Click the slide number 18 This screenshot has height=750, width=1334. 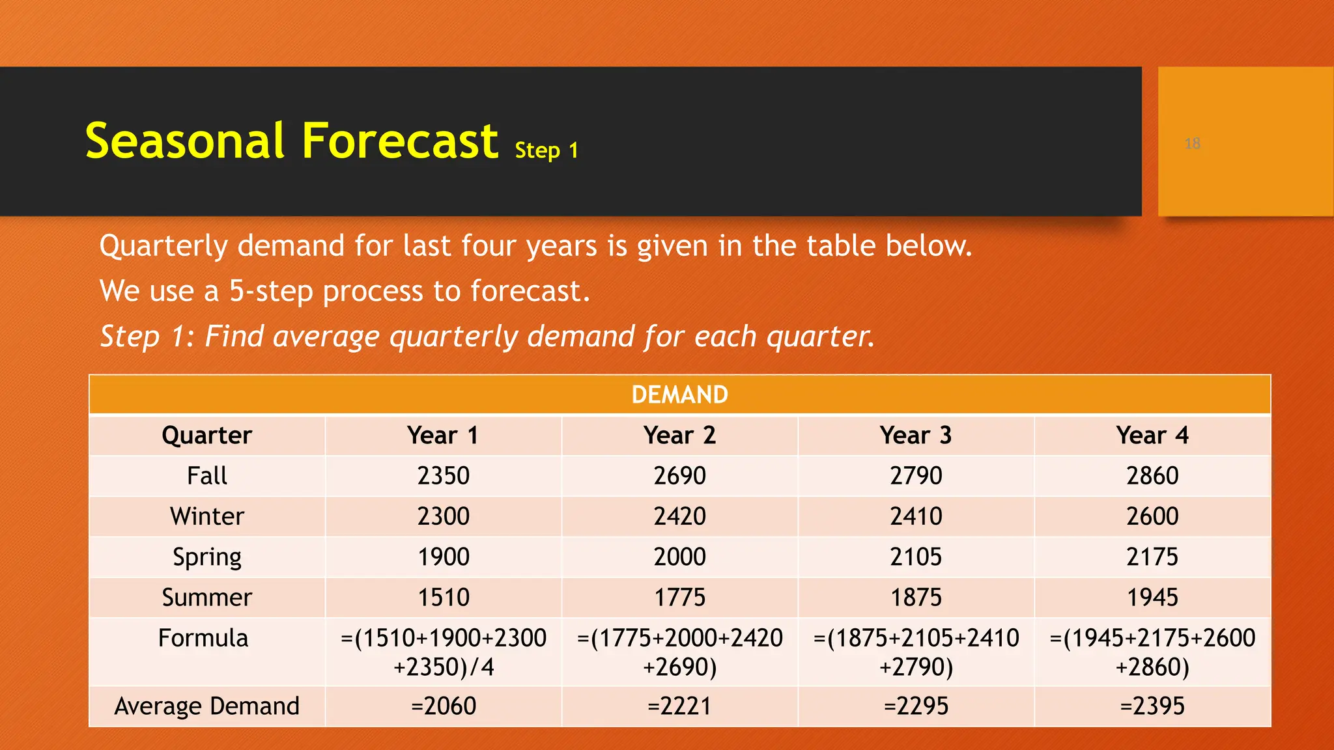[1192, 143]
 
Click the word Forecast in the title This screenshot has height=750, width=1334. [400, 141]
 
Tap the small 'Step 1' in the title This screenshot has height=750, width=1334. [546, 150]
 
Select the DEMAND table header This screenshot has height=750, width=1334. [679, 395]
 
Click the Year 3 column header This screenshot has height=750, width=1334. [915, 435]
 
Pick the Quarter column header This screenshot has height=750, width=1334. [206, 435]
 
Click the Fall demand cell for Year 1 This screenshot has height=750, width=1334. [443, 476]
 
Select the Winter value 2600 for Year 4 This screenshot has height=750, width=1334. [1152, 516]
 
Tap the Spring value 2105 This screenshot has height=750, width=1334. [915, 557]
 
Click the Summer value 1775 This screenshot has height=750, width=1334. [679, 597]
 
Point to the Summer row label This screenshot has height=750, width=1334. [206, 597]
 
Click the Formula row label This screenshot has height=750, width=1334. [203, 638]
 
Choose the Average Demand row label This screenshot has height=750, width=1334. [206, 706]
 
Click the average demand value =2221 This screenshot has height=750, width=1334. [679, 706]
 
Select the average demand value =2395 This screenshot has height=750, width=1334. [1152, 706]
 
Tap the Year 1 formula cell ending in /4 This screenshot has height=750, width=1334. [443, 652]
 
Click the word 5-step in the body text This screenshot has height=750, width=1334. [270, 291]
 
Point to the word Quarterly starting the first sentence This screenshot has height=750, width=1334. [163, 247]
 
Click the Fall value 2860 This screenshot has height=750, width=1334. [1152, 476]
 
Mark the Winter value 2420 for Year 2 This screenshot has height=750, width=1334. [679, 516]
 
